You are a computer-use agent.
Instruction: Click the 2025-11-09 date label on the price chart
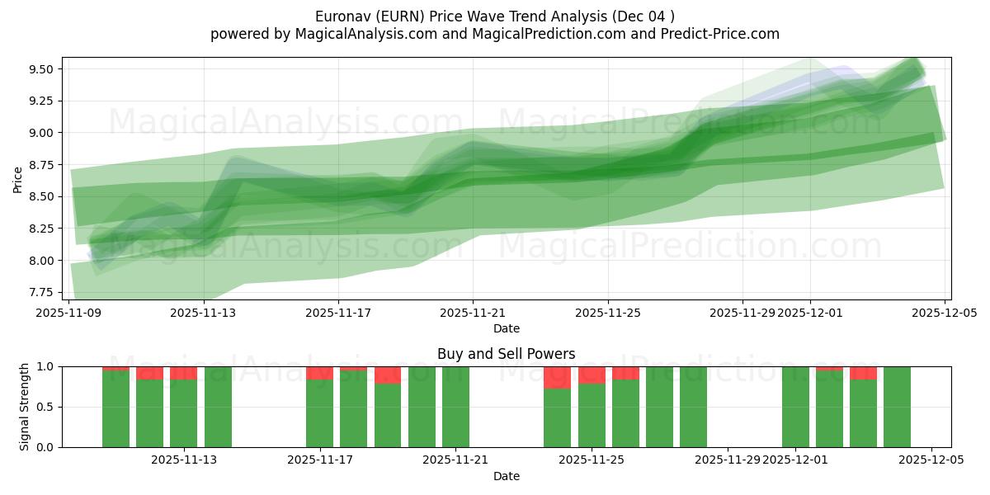point(69,313)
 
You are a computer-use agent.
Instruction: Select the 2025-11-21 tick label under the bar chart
point(455,460)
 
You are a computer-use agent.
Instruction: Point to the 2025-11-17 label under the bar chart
point(320,460)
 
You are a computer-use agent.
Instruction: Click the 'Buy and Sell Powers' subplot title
point(506,354)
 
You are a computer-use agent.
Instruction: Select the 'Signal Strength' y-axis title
point(25,407)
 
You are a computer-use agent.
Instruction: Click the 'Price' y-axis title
point(18,179)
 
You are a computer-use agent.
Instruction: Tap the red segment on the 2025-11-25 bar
point(592,375)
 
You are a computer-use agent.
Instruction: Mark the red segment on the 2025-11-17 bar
point(320,373)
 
